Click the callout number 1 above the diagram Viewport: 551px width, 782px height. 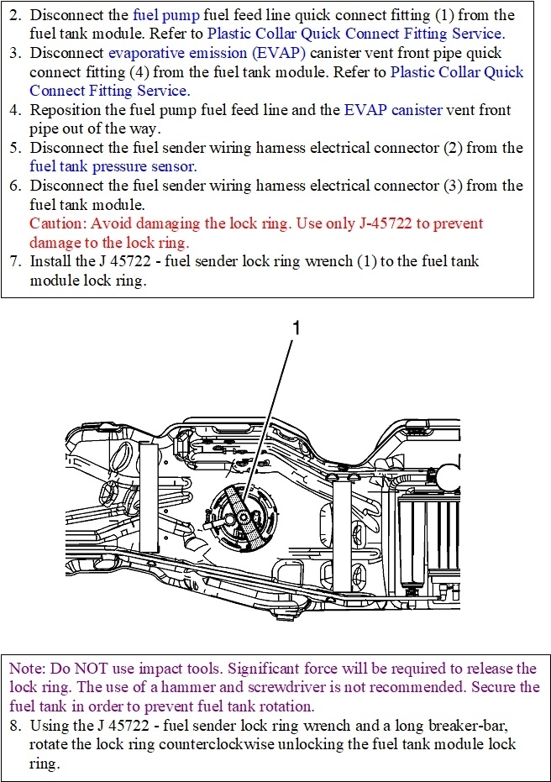[295, 328]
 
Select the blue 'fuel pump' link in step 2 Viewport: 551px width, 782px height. [161, 16]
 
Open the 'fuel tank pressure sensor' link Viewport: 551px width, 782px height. [113, 166]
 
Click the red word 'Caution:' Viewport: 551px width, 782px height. [58, 223]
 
